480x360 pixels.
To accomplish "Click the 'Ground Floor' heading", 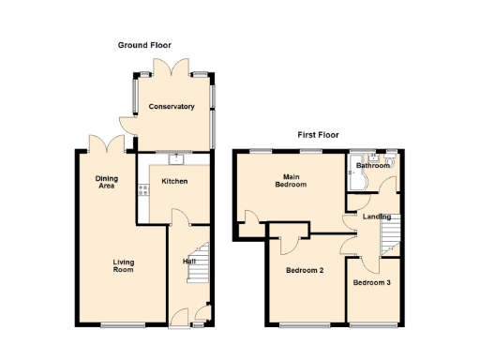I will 144,45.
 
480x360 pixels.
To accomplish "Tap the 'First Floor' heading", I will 318,135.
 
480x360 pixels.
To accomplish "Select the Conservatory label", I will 172,107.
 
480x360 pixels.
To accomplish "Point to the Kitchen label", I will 174,181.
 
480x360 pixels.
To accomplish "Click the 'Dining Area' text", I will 106,182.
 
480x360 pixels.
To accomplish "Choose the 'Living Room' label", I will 123,265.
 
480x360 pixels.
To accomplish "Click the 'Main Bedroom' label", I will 290,180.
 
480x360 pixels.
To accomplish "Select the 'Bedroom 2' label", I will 305,271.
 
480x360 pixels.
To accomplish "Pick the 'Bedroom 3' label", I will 371,282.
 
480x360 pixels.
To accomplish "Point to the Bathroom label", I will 372,166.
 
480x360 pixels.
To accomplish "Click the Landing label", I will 377,217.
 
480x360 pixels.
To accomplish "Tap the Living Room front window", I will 123,325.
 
